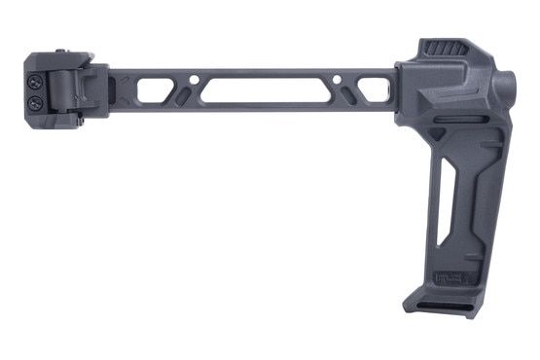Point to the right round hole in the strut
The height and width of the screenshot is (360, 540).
337,81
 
